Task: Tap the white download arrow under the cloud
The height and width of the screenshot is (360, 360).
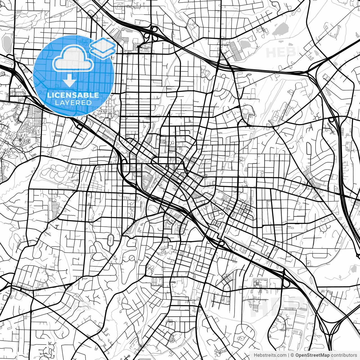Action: (x=69, y=82)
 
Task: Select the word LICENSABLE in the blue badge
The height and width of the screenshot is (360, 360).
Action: (x=73, y=95)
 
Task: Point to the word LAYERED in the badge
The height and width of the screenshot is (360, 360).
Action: (x=73, y=103)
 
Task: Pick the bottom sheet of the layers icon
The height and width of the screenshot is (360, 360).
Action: (x=103, y=52)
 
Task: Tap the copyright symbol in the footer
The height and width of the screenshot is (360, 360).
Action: (x=292, y=355)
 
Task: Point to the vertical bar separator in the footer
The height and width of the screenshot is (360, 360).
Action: (x=288, y=355)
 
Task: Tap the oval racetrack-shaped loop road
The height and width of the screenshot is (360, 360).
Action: (x=111, y=239)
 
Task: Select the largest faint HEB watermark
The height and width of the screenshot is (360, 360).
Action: (x=277, y=305)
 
